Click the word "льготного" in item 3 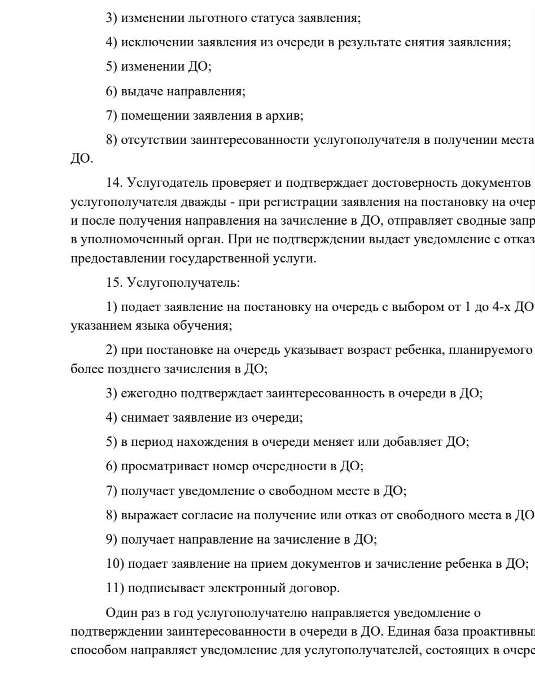(205, 18)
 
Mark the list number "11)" (115, 588)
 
